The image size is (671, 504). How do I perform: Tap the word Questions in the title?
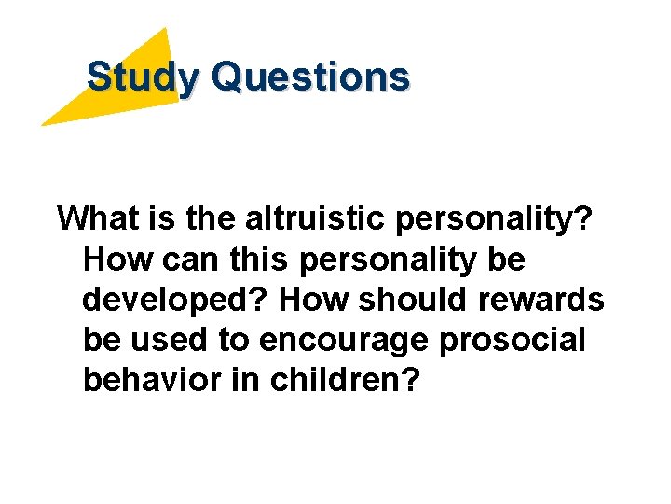click(309, 77)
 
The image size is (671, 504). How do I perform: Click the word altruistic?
click(311, 218)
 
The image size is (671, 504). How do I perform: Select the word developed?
click(174, 301)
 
